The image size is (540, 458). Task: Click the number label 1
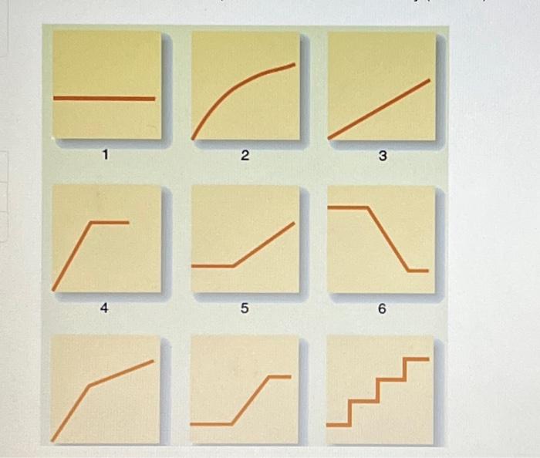click(105, 157)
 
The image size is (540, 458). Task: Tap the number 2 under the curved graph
click(244, 157)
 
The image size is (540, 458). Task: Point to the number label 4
click(105, 308)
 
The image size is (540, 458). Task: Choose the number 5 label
click(244, 308)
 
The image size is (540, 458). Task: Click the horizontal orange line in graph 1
click(104, 99)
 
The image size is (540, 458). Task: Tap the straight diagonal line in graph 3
click(379, 109)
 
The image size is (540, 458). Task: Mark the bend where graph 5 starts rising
click(234, 266)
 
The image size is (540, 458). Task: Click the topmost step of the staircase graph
click(417, 359)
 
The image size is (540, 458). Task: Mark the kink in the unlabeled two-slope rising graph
click(90, 385)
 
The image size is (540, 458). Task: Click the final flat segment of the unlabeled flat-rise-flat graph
click(280, 376)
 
